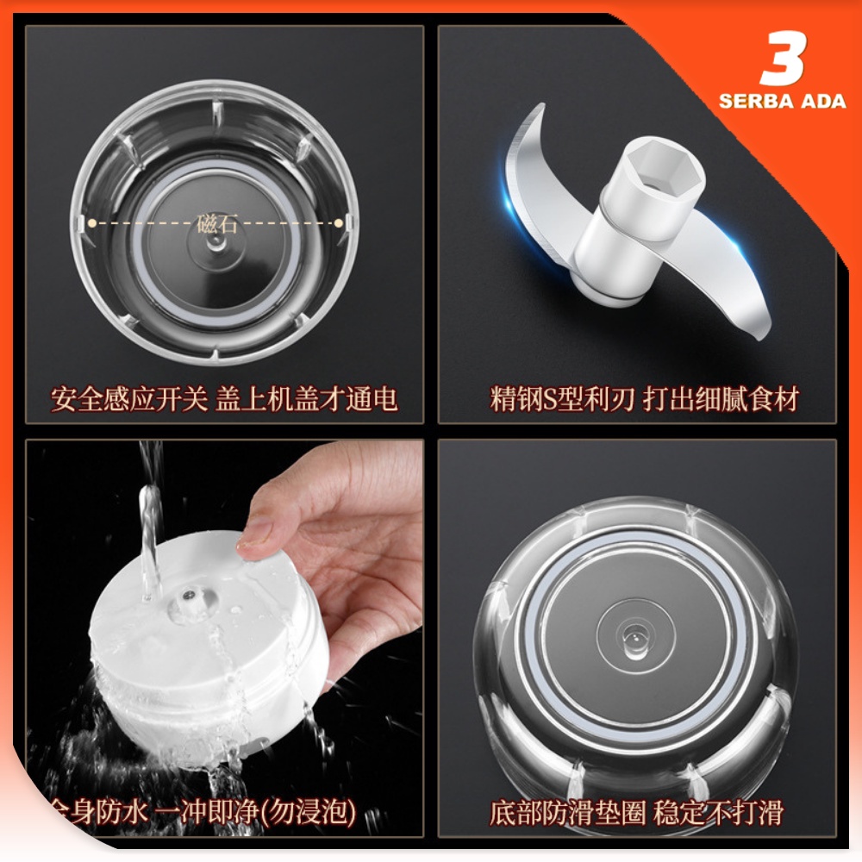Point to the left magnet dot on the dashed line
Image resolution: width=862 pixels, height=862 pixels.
coord(91,222)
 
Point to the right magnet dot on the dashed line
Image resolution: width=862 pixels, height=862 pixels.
coord(339,222)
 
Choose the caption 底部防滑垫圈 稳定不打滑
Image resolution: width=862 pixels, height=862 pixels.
coord(637,811)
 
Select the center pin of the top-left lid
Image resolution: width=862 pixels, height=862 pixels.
coord(214,244)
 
